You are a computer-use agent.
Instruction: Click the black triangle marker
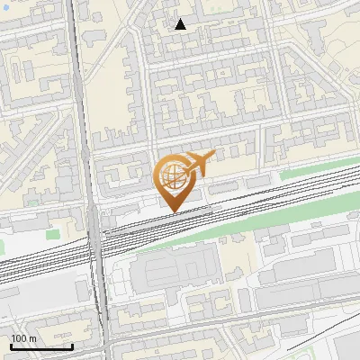click(181, 24)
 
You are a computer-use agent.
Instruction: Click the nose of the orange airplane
click(213, 156)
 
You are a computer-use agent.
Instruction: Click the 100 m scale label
click(23, 338)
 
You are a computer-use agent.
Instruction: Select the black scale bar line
click(41, 346)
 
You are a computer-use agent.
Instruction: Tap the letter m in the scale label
click(32, 338)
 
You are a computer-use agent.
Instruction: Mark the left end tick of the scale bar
click(11, 345)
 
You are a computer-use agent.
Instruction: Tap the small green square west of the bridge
click(33, 202)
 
